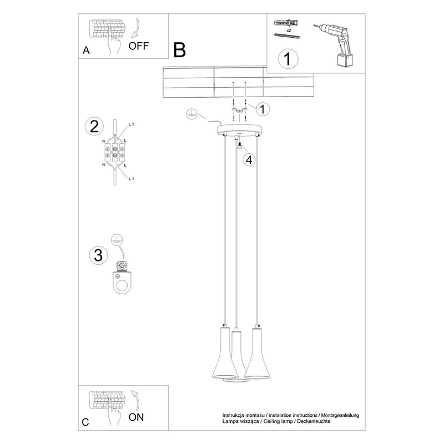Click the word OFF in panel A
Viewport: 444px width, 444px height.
click(139, 46)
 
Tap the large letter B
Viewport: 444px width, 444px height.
click(179, 50)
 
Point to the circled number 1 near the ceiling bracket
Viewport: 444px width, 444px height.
click(263, 109)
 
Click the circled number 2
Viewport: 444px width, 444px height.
click(94, 126)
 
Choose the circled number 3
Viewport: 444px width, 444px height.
click(98, 255)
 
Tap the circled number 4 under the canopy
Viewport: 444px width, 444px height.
click(249, 160)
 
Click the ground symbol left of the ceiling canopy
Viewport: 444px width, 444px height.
click(190, 114)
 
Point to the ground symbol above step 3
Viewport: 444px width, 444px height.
click(115, 239)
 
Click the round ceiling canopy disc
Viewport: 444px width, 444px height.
click(239, 131)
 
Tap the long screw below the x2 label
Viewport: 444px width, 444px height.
click(286, 37)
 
